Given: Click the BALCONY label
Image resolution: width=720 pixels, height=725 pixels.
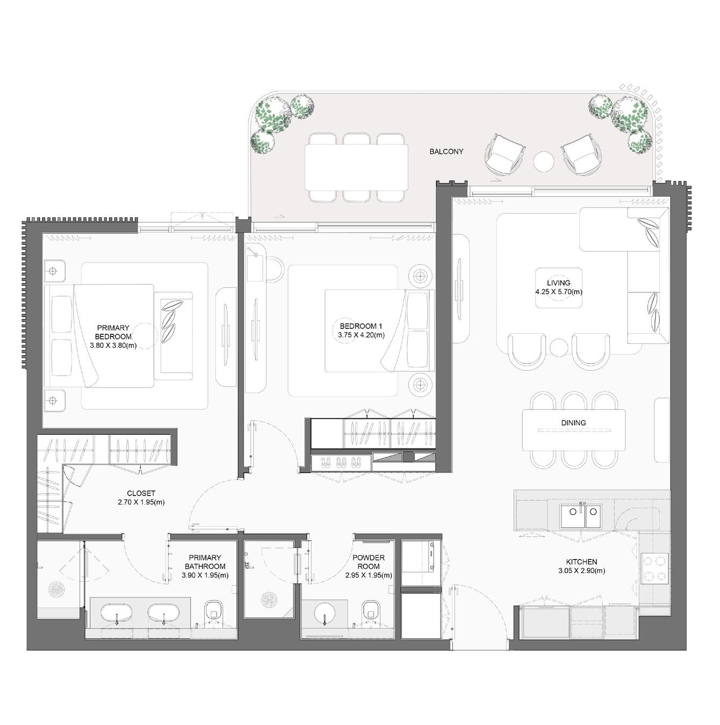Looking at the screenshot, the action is pos(446,152).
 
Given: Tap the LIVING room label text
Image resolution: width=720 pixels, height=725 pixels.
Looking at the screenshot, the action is pos(559,283).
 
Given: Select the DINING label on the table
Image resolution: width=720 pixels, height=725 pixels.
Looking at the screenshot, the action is pos(573,423).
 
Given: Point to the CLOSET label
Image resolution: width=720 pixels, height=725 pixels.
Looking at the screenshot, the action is pos(141,493).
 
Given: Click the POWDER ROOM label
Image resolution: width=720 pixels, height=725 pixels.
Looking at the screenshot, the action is pos(368,562).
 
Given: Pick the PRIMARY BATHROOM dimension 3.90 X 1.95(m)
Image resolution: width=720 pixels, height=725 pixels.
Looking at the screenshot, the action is pos(205,575).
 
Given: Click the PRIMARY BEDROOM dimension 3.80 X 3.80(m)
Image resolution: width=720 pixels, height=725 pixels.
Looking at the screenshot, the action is pos(113,346).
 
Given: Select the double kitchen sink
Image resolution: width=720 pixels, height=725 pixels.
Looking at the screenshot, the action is pos(580,516).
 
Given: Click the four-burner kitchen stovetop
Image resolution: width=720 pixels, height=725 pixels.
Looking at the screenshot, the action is pos(654,568).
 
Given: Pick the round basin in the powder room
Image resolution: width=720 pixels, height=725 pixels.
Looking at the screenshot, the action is pos(325,613).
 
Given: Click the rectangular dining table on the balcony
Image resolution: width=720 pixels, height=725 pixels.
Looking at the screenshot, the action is pos(356,168).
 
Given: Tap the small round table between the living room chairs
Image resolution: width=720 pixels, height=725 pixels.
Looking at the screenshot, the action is pos(559,346).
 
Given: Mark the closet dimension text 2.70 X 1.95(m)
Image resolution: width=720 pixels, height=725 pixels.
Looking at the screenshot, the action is pos(141,503).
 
